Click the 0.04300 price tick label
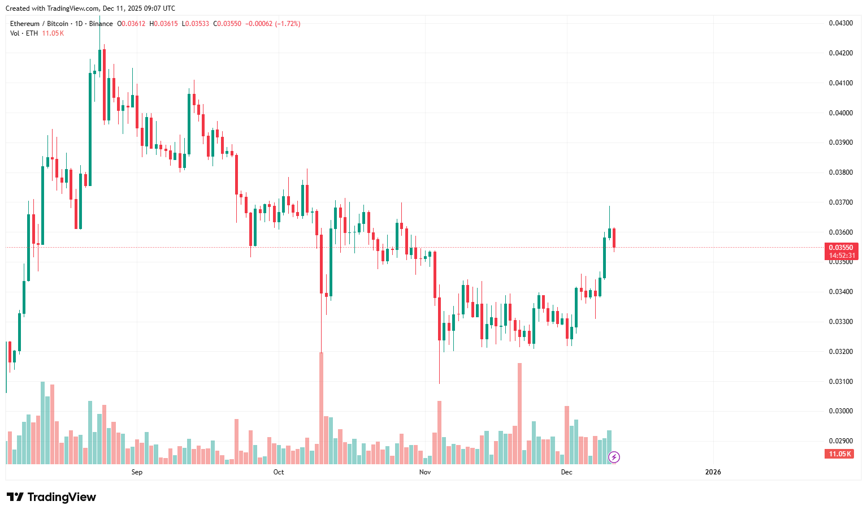[840, 23]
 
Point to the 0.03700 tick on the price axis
[840, 202]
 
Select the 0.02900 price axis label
[840, 441]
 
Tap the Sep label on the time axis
[137, 472]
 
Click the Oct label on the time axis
[279, 472]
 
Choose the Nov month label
[425, 472]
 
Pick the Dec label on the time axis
[566, 472]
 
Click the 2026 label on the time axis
[713, 472]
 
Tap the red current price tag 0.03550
[841, 248]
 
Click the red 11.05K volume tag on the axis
[839, 454]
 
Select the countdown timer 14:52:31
[841, 256]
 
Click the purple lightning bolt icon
[614, 457]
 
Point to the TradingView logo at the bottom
[51, 497]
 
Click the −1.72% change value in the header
[288, 24]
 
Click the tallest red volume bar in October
[322, 407]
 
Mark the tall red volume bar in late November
[519, 413]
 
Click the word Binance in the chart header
[101, 24]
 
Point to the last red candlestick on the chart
[614, 237]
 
